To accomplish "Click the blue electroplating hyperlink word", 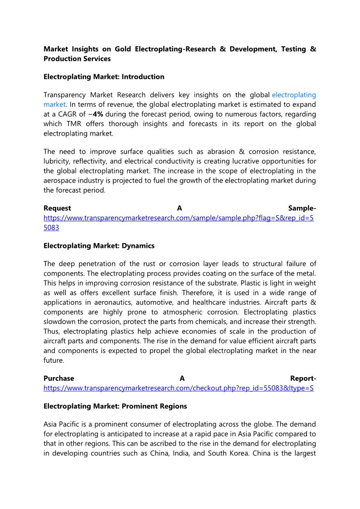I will point(294,95).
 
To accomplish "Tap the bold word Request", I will point(57,208).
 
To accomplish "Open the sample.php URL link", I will point(179,218).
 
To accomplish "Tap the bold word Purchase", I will point(59,378).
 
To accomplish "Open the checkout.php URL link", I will point(179,388).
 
